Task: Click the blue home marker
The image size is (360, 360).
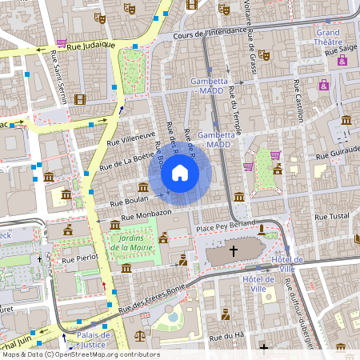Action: (180, 173)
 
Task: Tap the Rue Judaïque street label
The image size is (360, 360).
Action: (92, 46)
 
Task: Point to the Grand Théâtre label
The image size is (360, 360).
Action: (329, 38)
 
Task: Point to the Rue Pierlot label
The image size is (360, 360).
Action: (80, 258)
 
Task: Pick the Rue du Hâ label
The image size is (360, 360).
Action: (226, 338)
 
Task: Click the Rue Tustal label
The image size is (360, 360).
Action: (334, 217)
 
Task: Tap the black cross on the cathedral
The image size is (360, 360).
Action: (234, 251)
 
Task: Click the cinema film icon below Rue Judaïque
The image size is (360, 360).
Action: (79, 99)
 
